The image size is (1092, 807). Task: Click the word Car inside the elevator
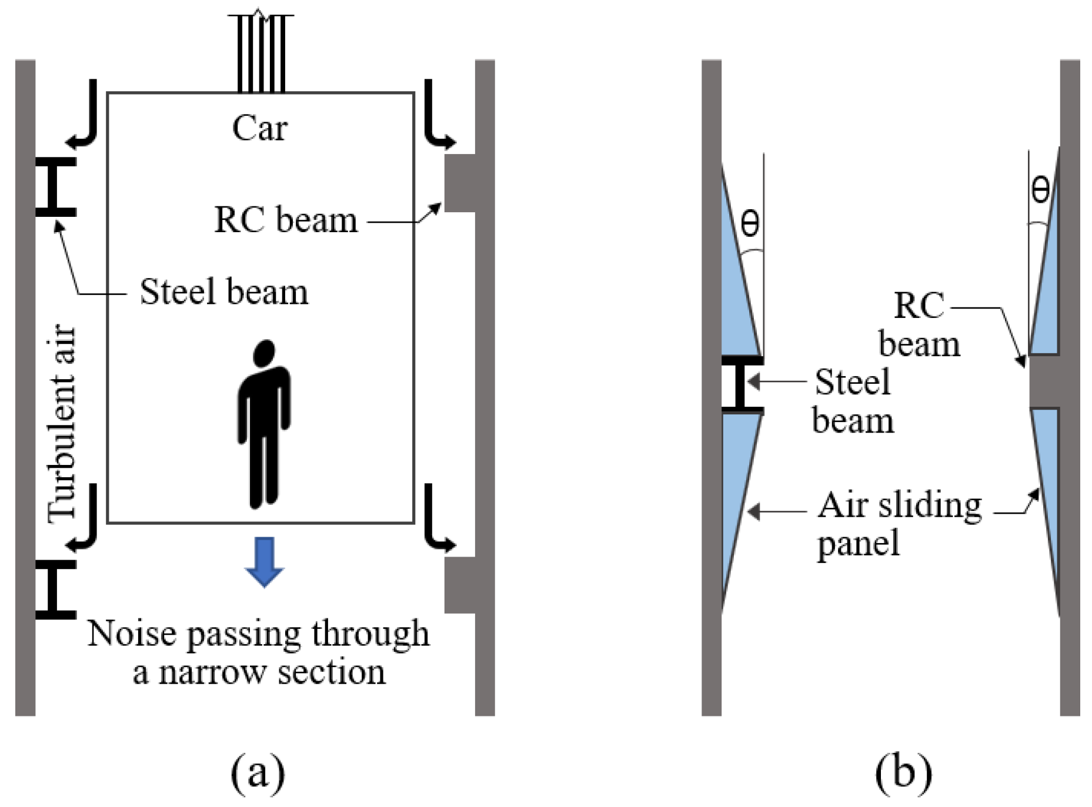tap(259, 128)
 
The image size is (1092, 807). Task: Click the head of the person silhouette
tap(264, 353)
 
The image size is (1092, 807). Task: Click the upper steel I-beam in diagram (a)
tap(56, 186)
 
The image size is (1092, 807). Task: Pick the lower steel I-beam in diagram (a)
tap(56, 589)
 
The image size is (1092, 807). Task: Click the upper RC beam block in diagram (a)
tap(460, 183)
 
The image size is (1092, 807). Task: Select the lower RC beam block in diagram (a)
tap(460, 585)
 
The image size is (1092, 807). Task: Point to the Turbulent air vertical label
tap(62, 423)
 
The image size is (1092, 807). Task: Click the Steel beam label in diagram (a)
tap(223, 292)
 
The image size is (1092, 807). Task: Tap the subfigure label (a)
tap(258, 772)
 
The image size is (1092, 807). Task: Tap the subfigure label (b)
tap(903, 772)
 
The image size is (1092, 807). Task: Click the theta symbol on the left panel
tap(750, 224)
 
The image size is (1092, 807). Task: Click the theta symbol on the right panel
tap(1040, 190)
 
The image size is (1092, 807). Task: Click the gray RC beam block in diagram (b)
tap(1044, 381)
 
